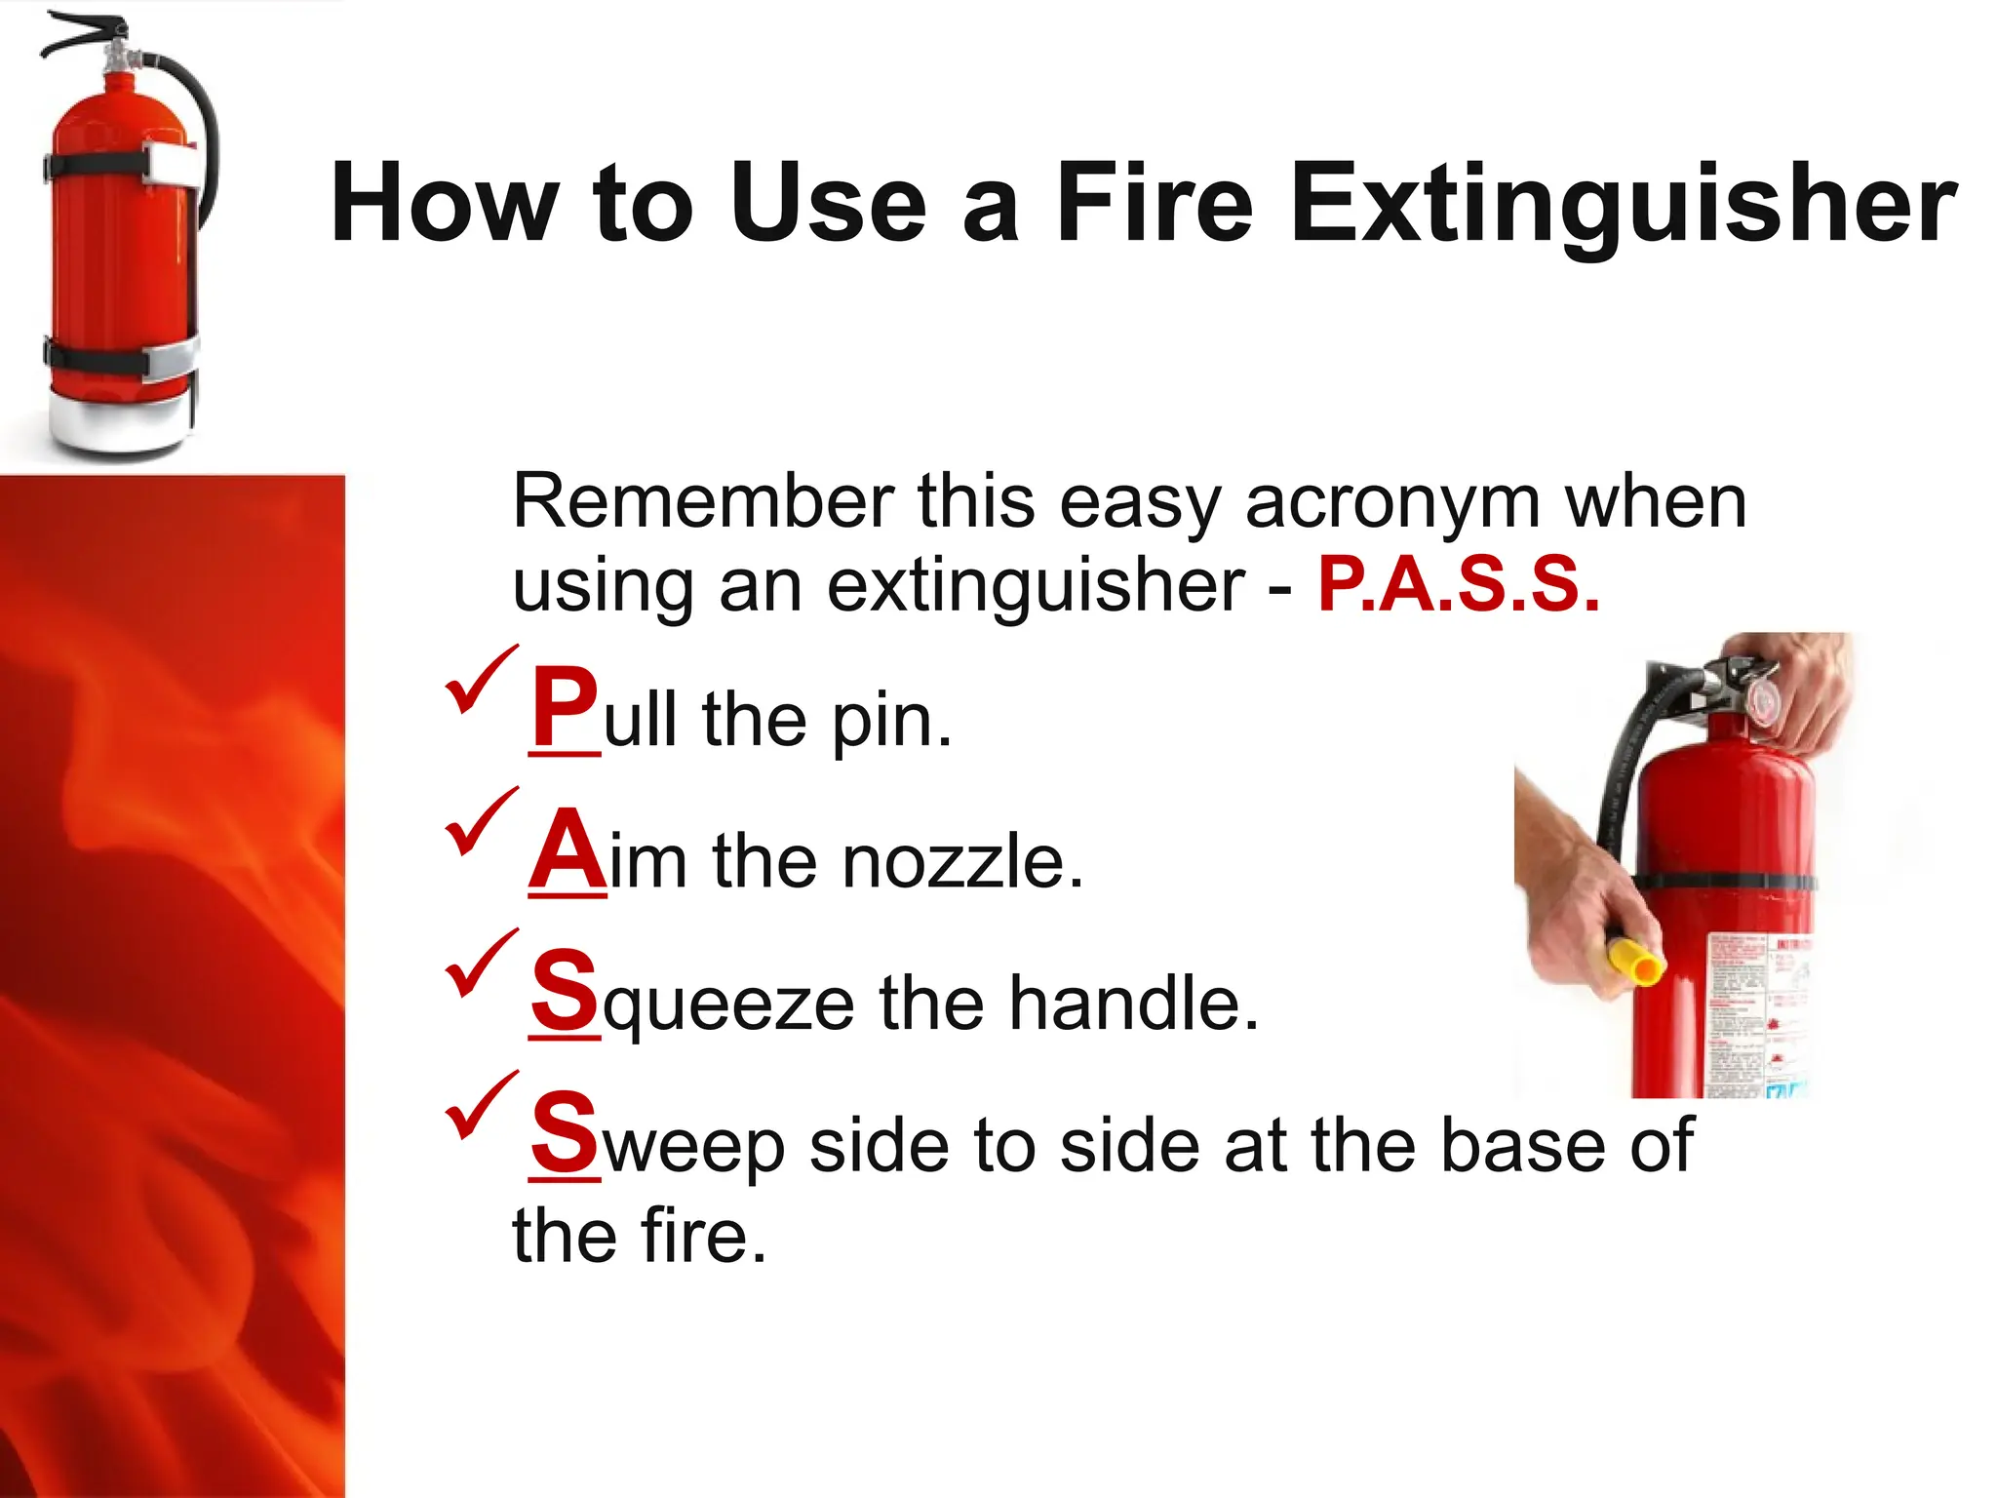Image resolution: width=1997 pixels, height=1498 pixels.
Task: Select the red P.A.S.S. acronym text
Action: click(1459, 584)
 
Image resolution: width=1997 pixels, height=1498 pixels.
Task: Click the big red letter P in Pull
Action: click(564, 706)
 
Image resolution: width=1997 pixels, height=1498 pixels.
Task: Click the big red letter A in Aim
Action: click(567, 849)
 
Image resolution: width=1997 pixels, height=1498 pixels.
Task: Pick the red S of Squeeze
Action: click(564, 991)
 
